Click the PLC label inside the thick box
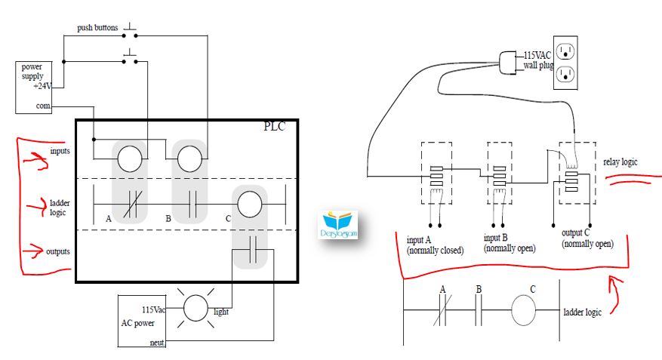pos(275,126)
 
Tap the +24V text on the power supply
pos(42,86)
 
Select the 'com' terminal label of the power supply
pos(43,106)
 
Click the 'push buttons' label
pos(97,28)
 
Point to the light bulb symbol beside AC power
pos(196,308)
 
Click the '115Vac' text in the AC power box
pos(153,309)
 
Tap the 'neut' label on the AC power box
pos(157,343)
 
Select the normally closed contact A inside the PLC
pos(133,205)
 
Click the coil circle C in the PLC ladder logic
pos(250,205)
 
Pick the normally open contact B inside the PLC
pos(192,205)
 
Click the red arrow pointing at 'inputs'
pos(35,160)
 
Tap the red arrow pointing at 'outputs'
pos(33,251)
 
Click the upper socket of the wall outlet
pos(565,52)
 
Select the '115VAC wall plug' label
pos(538,60)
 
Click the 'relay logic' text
pos(620,162)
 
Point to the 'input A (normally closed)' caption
pos(435,245)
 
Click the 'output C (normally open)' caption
pos(587,238)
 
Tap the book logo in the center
pos(337,225)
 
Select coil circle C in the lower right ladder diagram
pos(524,310)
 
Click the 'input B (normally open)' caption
pos(510,243)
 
